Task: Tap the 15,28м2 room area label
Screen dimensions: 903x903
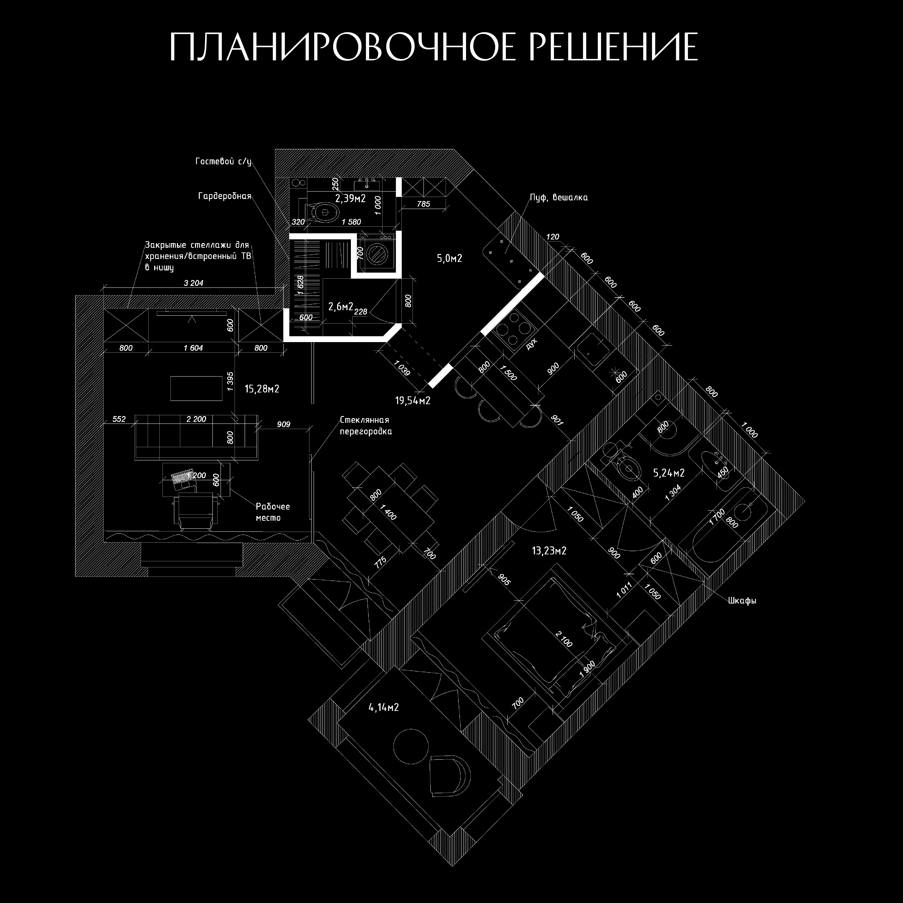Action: (262, 389)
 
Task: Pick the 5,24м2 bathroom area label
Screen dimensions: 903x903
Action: (668, 473)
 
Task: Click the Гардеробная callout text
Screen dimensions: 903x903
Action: (225, 196)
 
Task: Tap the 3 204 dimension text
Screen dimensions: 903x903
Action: (193, 283)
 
